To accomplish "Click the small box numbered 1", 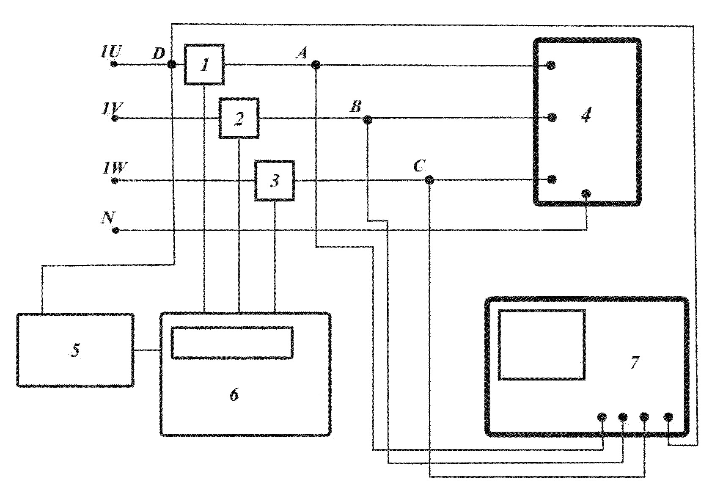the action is (x=204, y=65).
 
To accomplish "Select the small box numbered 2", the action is (x=239, y=118).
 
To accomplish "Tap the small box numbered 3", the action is (x=275, y=181).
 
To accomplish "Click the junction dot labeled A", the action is (x=316, y=65).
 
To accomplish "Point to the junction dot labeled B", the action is (x=368, y=120).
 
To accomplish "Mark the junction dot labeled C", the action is (x=429, y=180).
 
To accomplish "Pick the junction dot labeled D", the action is (x=172, y=65).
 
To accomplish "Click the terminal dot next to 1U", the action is (x=114, y=65).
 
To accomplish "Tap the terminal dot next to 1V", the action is (x=115, y=118).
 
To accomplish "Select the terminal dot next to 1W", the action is (x=115, y=181).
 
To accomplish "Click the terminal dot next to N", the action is (x=115, y=230).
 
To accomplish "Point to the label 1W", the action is (x=114, y=168).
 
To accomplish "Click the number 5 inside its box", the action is (x=75, y=350).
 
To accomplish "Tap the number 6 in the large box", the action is (x=234, y=394).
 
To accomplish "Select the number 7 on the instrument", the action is (x=635, y=362).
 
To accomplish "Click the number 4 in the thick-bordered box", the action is (x=586, y=115).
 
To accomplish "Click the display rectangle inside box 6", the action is (x=232, y=343).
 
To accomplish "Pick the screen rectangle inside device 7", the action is (x=542, y=344).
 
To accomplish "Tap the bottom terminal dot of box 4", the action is (x=586, y=193).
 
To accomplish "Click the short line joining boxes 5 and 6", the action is (x=147, y=350).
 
